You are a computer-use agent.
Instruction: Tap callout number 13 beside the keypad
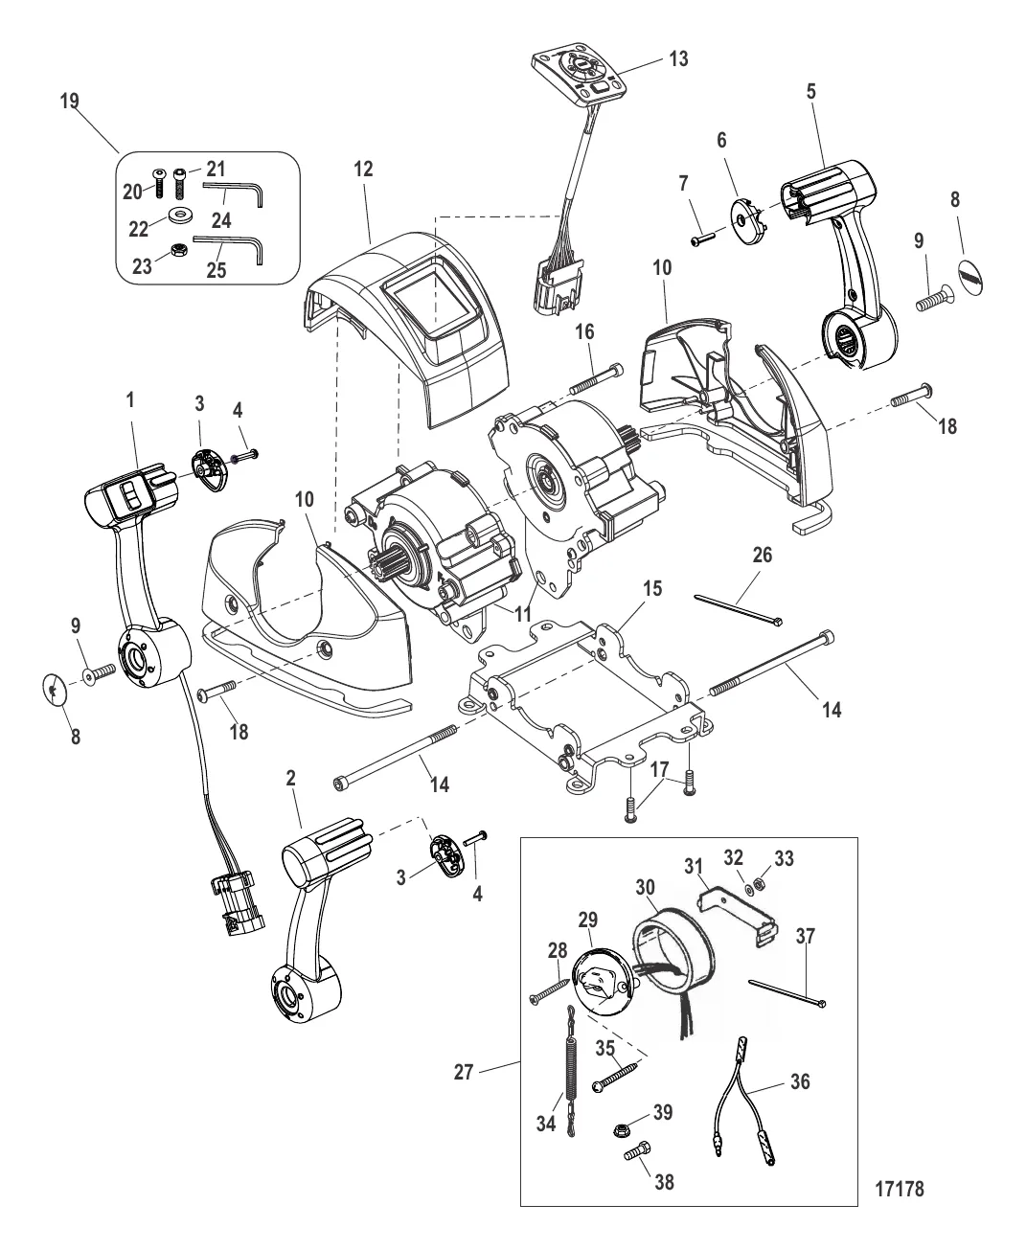(678, 58)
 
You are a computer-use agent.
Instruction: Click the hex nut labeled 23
(178, 250)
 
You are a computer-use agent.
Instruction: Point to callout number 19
(69, 101)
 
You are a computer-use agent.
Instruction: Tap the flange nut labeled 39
(620, 1129)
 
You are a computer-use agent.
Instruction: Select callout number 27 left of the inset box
(464, 1072)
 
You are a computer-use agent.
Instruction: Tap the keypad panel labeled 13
(581, 74)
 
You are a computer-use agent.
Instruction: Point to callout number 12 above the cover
(363, 169)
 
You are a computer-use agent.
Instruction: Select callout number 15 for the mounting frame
(652, 588)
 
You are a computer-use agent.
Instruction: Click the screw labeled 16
(596, 378)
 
